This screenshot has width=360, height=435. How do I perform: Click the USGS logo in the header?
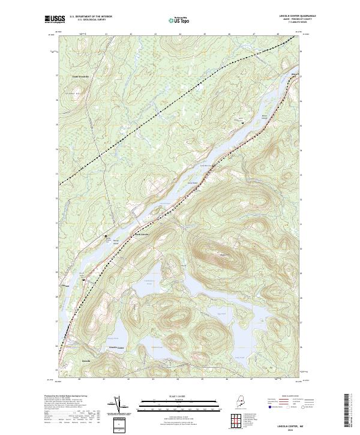point(55,20)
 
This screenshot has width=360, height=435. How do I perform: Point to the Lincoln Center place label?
point(116,347)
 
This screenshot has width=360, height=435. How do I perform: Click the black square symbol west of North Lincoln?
point(107,236)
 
